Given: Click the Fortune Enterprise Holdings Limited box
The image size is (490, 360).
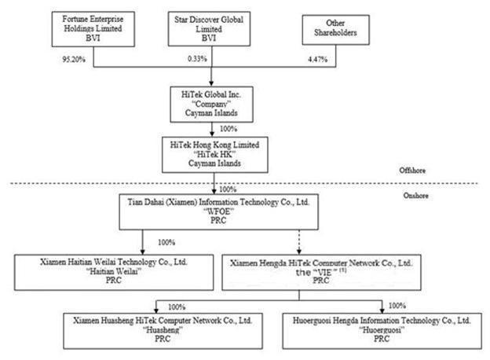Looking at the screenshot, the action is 93,29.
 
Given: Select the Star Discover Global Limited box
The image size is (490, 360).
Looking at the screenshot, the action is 209,29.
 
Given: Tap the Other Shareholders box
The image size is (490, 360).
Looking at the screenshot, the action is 335,30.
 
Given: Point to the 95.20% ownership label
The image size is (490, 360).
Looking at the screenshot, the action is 74,59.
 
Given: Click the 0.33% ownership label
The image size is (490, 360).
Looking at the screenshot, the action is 197,58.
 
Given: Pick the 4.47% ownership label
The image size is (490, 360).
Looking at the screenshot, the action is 317,59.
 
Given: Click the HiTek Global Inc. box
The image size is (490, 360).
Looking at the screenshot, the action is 211,105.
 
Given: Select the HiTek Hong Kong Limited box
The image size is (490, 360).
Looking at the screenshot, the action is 215,155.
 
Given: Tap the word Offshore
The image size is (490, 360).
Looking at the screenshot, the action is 412,171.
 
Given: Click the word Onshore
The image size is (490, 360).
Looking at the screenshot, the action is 415,196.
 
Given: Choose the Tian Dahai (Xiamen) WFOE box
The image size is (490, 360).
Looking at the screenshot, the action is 219,211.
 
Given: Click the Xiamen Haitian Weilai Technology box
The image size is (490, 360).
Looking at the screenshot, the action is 114,272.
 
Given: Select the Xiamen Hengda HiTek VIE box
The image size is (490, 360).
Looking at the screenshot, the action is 321,272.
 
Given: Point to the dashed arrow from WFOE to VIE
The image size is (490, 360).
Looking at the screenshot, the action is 299,242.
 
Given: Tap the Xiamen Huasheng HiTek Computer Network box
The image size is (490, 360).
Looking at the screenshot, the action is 163,331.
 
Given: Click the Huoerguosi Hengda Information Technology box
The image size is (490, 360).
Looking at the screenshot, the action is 382,331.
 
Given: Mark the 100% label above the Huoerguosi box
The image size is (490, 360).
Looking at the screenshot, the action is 397,306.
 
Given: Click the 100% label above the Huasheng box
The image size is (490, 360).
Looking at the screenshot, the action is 177,307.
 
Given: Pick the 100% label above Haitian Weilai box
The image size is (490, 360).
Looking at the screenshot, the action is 166,242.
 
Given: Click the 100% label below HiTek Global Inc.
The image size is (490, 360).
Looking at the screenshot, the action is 229,129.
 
